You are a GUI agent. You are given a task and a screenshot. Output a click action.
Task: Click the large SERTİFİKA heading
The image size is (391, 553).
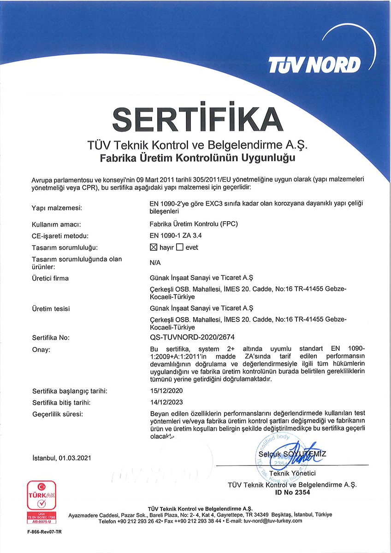195,119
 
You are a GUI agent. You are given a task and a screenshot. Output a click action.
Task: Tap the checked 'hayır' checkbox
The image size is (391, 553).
154,247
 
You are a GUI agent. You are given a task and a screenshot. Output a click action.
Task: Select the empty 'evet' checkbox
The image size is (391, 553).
180,247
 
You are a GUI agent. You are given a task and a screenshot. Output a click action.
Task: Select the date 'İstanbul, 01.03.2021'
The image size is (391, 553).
62,458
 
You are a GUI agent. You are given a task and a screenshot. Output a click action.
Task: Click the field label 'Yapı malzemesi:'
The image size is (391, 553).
57,208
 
